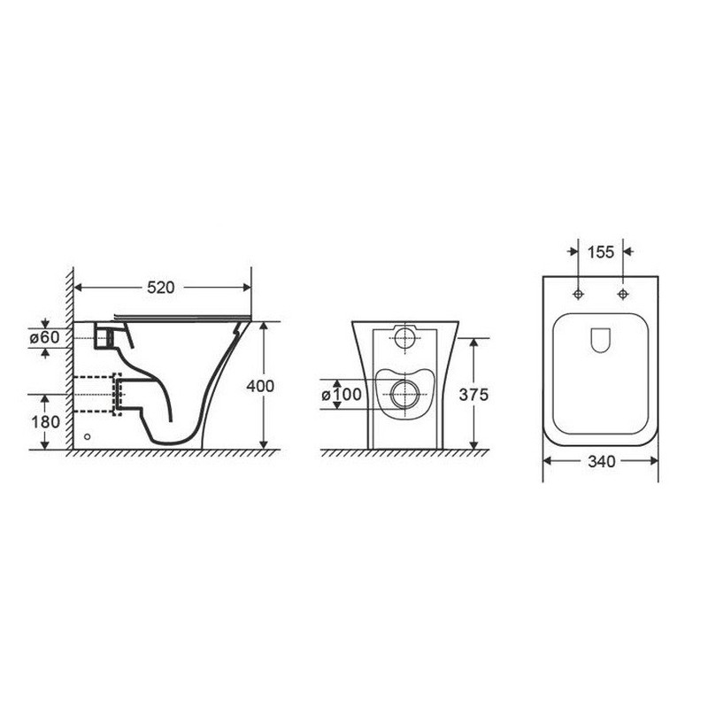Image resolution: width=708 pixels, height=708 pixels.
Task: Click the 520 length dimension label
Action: (x=161, y=288)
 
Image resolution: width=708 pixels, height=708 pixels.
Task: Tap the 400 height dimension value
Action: (x=260, y=386)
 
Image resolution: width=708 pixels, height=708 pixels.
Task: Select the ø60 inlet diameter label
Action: (x=45, y=337)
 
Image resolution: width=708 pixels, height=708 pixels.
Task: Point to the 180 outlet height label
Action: (x=45, y=422)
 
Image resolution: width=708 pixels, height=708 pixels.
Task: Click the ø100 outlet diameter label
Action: (x=342, y=395)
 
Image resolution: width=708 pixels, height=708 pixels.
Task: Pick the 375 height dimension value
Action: (x=473, y=395)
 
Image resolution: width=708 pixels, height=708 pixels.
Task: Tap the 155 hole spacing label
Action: (x=601, y=252)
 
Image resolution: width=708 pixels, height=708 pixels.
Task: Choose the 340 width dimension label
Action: (x=602, y=461)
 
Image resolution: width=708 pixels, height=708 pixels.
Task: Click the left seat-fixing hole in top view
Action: (x=579, y=295)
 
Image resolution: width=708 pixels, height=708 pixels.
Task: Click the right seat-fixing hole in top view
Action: (x=623, y=295)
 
